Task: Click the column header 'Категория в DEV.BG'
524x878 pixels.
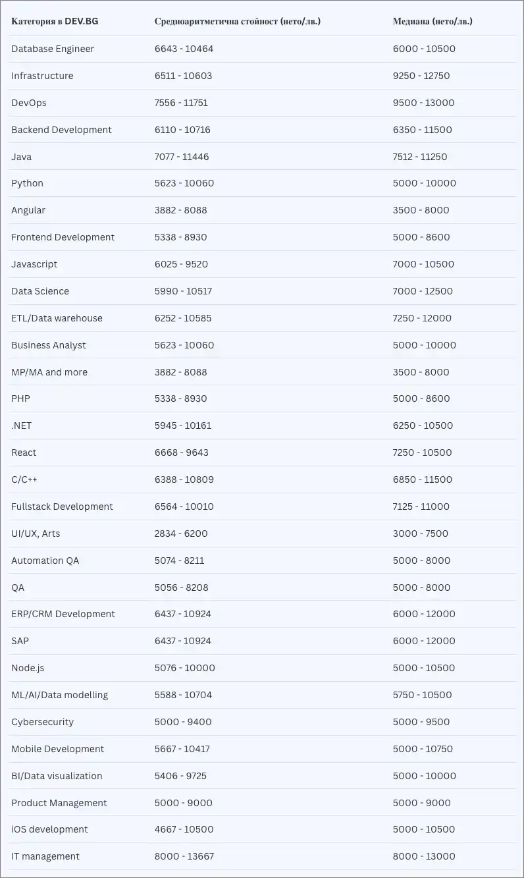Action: point(55,21)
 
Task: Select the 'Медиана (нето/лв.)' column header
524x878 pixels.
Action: point(432,21)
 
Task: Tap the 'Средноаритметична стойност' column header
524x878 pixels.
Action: point(238,21)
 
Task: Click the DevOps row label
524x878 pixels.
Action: point(29,103)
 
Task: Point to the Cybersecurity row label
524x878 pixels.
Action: point(42,722)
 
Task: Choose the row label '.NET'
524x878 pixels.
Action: point(21,425)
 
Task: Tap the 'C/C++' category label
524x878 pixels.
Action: point(24,480)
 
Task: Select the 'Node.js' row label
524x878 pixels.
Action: point(28,668)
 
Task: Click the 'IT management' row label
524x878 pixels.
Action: point(45,856)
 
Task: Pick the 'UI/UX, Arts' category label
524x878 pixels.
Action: point(36,534)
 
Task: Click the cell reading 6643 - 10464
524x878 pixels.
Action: point(184,49)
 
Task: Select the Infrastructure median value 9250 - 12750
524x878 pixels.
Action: point(421,76)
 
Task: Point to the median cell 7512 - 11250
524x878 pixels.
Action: point(420,157)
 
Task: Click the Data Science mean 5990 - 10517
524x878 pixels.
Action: point(184,291)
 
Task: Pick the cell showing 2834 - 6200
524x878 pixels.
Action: point(181,534)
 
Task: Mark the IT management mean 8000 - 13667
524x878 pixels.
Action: point(184,856)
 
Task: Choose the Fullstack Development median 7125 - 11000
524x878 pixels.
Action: point(421,507)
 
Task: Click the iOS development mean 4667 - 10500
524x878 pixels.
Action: point(184,829)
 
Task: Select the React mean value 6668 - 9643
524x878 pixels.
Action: point(182,453)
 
